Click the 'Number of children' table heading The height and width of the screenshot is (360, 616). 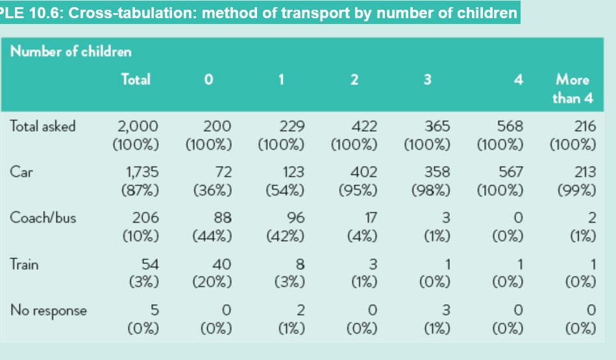(70, 51)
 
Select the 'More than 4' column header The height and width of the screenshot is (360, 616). (572, 89)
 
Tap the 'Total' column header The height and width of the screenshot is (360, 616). (136, 80)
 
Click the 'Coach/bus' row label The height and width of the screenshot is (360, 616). (43, 218)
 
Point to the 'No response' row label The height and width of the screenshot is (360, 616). (48, 310)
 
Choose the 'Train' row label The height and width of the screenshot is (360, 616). (25, 264)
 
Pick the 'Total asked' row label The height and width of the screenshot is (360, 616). (43, 126)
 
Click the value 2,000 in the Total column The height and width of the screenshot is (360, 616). (137, 126)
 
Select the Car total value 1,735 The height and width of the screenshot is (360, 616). (142, 173)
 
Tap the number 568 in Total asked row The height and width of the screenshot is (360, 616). (510, 126)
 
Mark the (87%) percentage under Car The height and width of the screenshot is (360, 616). (140, 190)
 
